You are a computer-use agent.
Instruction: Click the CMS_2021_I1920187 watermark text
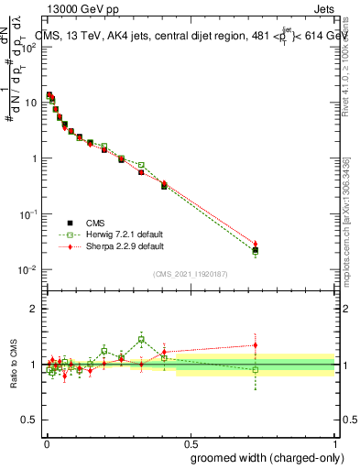coord(191,274)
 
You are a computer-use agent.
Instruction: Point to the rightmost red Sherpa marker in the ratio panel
coord(256,345)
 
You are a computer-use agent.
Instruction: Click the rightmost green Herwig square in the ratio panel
coord(256,370)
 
